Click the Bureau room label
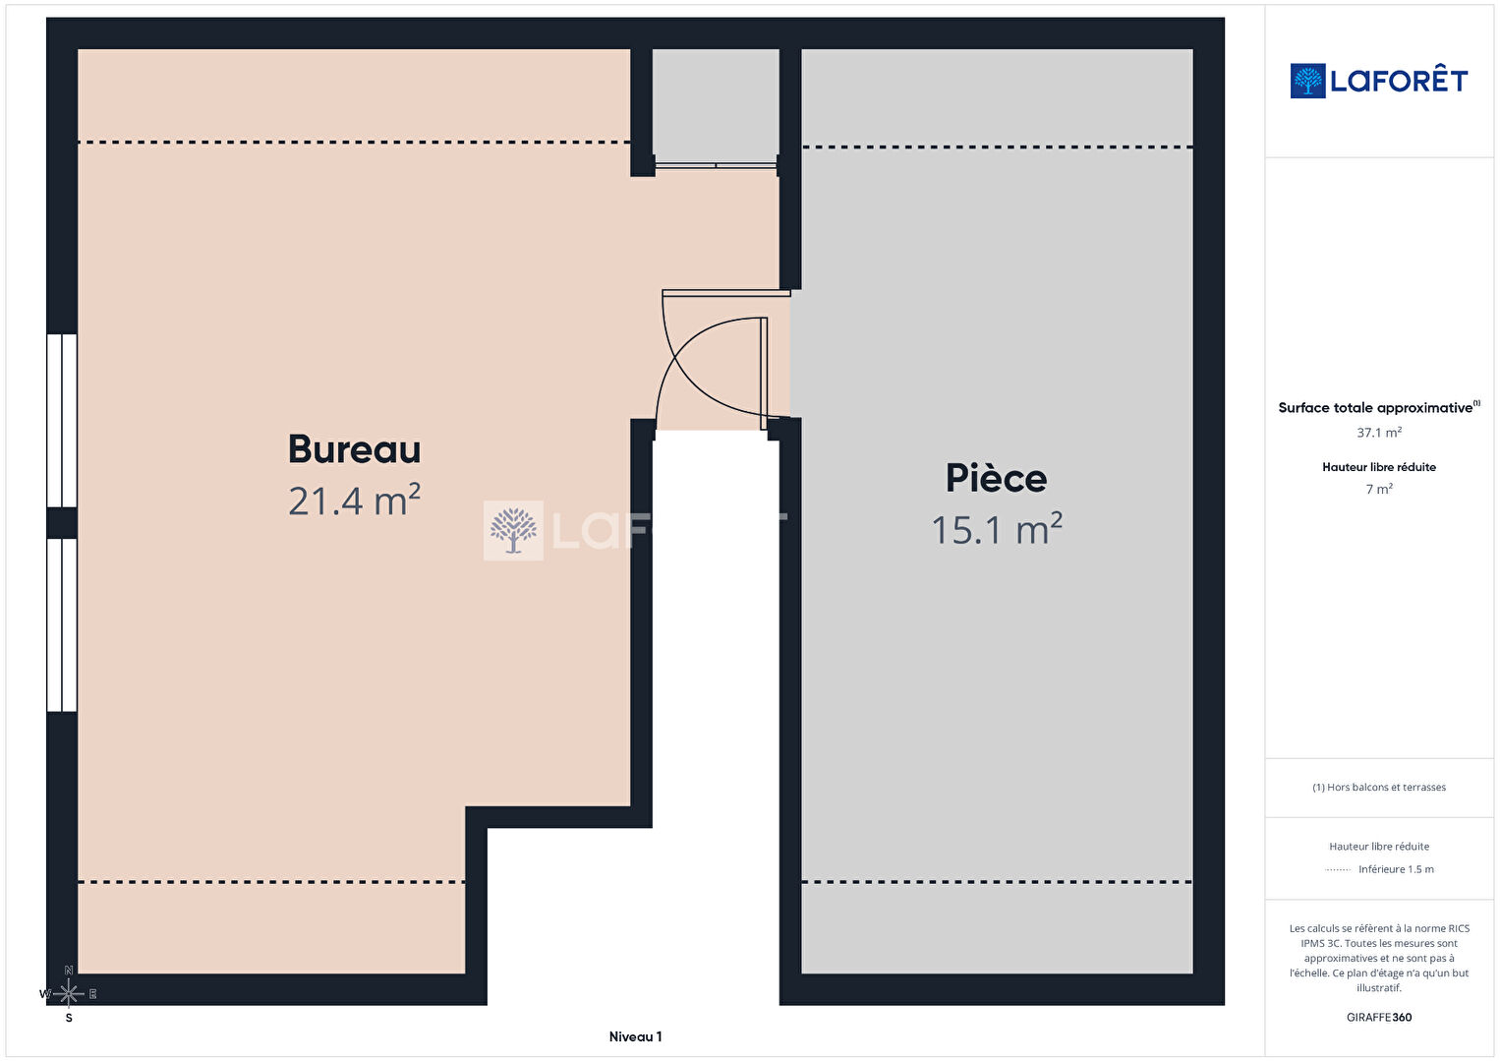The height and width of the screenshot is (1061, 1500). pyautogui.click(x=354, y=448)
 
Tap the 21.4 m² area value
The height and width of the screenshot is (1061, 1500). pyautogui.click(x=354, y=501)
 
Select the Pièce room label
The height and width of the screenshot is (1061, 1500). pyautogui.click(x=996, y=478)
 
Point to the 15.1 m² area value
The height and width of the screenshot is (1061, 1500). pyautogui.click(x=997, y=529)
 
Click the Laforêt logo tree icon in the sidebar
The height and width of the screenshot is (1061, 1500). pyautogui.click(x=1307, y=81)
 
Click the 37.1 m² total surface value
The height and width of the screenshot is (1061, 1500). pyautogui.click(x=1379, y=433)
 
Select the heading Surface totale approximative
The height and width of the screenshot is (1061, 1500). pyautogui.click(x=1375, y=408)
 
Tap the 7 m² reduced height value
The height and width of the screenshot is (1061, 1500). pyautogui.click(x=1379, y=489)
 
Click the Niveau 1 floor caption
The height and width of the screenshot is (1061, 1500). pyautogui.click(x=635, y=1036)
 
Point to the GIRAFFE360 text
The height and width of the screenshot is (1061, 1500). pyautogui.click(x=1379, y=1017)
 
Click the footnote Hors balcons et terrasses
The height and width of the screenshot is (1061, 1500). pyautogui.click(x=1379, y=787)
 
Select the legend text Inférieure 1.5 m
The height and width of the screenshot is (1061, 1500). pyautogui.click(x=1396, y=869)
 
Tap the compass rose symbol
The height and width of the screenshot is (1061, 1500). pyautogui.click(x=68, y=994)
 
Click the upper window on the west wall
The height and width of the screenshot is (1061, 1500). pyautogui.click(x=62, y=421)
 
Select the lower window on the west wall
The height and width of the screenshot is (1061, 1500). pyautogui.click(x=62, y=625)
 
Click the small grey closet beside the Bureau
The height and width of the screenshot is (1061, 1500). pyautogui.click(x=716, y=104)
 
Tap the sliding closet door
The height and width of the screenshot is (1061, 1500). pyautogui.click(x=716, y=165)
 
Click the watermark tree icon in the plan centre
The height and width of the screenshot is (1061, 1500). pyautogui.click(x=513, y=531)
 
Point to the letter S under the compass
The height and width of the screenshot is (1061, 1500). pyautogui.click(x=69, y=1018)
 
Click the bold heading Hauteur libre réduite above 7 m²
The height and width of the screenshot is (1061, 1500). pyautogui.click(x=1379, y=467)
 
